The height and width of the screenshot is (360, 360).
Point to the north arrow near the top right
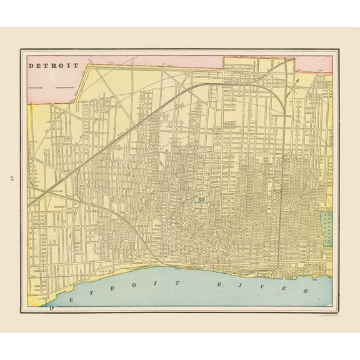297,79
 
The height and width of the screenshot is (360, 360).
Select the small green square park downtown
202,200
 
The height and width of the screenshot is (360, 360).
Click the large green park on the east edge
326,229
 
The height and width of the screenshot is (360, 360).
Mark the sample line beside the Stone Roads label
64,89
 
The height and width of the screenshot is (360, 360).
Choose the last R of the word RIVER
306,291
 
